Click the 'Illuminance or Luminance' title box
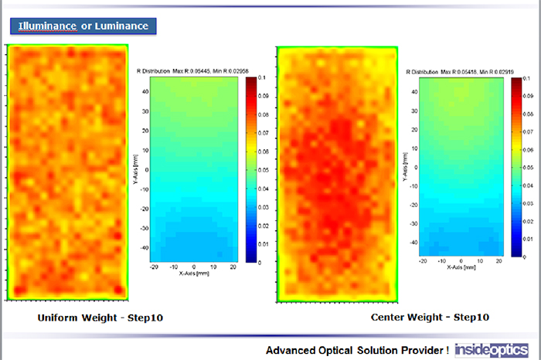pyautogui.click(x=83, y=26)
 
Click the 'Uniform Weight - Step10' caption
pyautogui.click(x=100, y=318)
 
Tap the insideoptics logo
pyautogui.click(x=492, y=349)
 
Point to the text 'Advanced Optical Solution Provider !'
pyautogui.click(x=357, y=350)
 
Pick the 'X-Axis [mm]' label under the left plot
pyautogui.click(x=194, y=273)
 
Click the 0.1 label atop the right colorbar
pyautogui.click(x=526, y=79)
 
